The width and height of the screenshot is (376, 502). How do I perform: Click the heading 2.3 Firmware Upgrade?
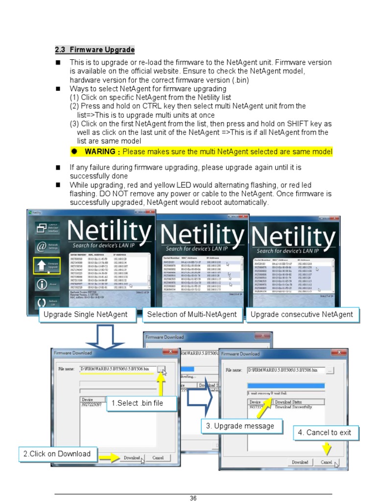coord(94,50)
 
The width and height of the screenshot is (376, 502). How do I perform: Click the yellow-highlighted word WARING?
coord(99,151)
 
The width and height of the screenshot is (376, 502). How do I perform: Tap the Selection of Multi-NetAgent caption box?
coord(191,315)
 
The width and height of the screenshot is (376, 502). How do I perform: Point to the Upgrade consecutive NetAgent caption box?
coord(302,315)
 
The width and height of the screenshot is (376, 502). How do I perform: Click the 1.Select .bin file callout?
coord(136,403)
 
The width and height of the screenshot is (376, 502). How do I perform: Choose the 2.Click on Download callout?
coord(57,454)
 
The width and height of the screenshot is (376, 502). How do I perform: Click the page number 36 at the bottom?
coord(193,498)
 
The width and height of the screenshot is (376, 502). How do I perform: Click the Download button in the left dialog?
coord(131,458)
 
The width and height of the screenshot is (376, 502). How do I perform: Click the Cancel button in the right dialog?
coord(326,462)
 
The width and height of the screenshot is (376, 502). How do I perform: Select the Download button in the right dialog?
coord(300,462)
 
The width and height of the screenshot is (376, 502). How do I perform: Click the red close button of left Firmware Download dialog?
coord(170,351)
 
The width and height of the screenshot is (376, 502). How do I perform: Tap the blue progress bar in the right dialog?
coord(285,386)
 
